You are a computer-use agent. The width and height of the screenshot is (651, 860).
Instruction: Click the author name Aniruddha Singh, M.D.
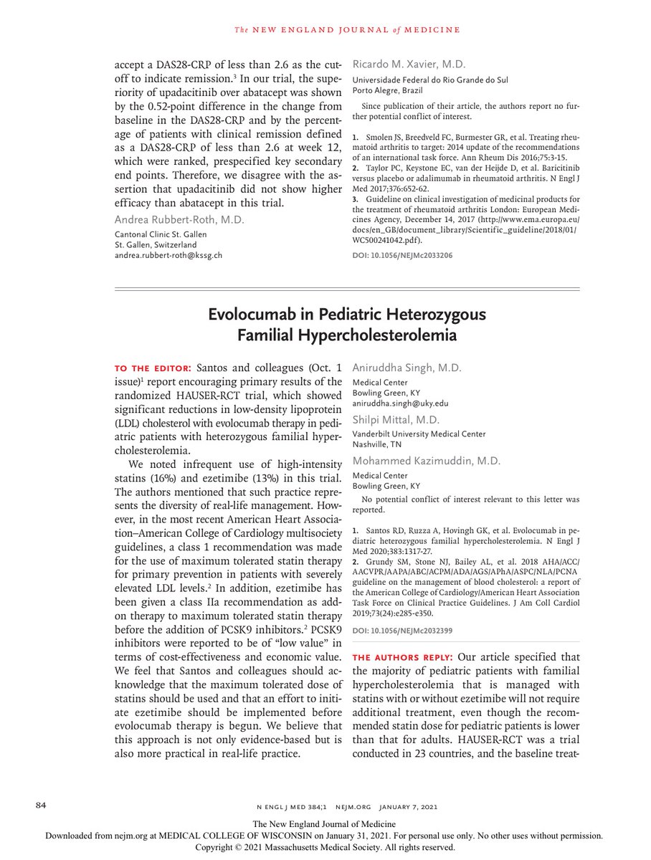click(407, 368)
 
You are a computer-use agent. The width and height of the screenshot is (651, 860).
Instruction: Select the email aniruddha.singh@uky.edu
click(399, 403)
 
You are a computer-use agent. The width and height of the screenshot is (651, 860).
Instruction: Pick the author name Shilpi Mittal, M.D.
click(399, 420)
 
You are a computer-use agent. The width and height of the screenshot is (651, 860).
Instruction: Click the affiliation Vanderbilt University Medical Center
click(419, 434)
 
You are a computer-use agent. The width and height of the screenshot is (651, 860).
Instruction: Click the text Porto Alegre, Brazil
click(387, 90)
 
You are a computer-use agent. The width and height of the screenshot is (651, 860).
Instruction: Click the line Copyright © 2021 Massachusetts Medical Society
click(325, 846)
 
